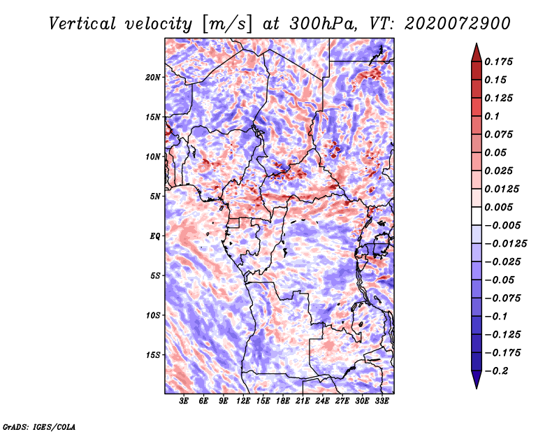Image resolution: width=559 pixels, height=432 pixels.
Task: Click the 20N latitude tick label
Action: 152,78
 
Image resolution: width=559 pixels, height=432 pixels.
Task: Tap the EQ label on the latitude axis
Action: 155,236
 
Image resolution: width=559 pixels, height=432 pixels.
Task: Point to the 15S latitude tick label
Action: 153,355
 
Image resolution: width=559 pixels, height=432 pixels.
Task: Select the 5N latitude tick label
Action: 155,196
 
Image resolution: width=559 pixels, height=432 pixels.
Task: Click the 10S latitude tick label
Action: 153,315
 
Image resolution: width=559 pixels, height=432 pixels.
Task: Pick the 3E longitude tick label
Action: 184,401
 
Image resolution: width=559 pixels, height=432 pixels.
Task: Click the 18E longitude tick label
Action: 283,401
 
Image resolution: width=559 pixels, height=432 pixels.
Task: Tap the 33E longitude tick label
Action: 382,401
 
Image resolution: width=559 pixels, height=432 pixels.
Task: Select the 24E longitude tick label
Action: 322,401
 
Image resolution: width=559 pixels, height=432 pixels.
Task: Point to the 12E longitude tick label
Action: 243,401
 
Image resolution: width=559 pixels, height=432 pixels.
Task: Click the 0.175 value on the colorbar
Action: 498,62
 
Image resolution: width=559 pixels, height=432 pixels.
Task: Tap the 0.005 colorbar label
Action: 498,207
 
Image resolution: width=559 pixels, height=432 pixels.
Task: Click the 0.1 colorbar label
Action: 493,116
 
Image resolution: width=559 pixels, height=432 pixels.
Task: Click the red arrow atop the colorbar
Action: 477,53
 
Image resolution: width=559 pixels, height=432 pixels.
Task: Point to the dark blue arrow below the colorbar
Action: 477,380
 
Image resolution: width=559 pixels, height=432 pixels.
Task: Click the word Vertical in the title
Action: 82,24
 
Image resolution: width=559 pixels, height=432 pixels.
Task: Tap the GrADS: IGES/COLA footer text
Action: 39,426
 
